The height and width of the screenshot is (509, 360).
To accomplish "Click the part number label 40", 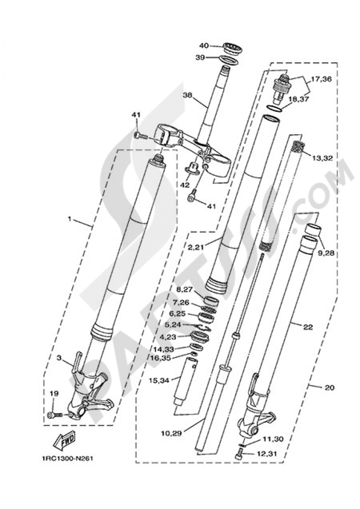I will click(x=204, y=46).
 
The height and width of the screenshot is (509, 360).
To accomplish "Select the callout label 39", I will click(x=201, y=58).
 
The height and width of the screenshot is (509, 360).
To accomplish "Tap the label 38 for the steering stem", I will click(x=188, y=96).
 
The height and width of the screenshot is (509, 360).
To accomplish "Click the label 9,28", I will click(x=326, y=253).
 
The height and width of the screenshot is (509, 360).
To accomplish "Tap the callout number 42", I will click(x=185, y=185).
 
